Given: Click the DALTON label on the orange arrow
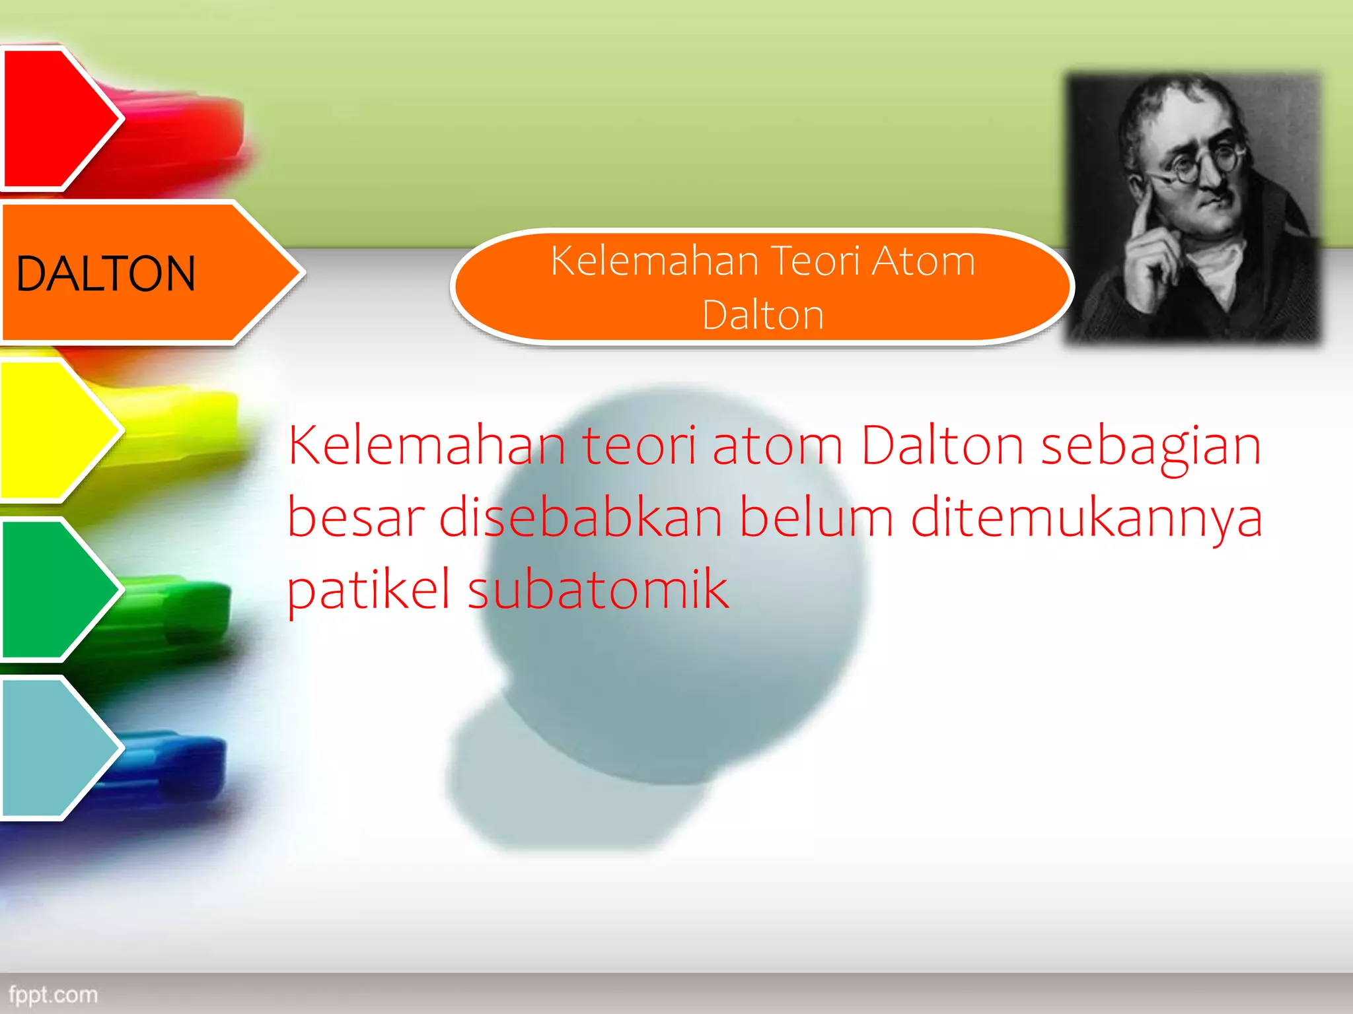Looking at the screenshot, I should tap(106, 273).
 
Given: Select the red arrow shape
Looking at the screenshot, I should tap(53, 119).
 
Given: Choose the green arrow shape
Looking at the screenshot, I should tap(53, 589).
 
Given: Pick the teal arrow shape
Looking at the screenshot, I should tap(53, 747).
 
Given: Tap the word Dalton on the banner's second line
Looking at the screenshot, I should tap(763, 315).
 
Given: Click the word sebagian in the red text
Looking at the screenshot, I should tap(1151, 446).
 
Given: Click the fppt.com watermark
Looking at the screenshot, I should tap(53, 994).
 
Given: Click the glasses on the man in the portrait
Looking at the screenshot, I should tap(1199, 165).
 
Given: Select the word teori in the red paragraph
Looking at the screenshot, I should tap(639, 446).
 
